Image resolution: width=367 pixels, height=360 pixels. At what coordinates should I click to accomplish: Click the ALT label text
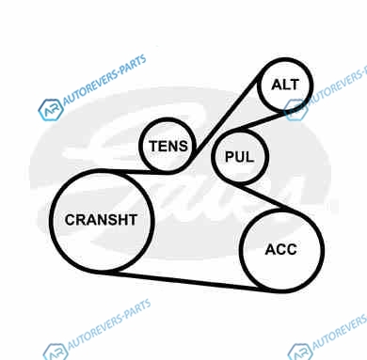pos(285,85)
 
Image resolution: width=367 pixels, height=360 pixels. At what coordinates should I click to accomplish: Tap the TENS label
pos(168,146)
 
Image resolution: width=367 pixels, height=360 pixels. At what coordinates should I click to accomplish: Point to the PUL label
pos(239,157)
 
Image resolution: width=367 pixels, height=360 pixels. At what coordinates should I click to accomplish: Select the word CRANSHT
pos(101,220)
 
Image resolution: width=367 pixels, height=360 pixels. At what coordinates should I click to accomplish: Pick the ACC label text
pos(281,249)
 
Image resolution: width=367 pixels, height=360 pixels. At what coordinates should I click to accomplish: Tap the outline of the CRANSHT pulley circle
pos(50,220)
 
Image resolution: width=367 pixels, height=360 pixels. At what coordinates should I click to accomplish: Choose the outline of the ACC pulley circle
pos(323,250)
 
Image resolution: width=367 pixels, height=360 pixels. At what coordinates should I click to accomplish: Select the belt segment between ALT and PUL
pos(262,121)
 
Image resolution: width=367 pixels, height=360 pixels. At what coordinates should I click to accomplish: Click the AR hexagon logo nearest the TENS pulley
pos(51,110)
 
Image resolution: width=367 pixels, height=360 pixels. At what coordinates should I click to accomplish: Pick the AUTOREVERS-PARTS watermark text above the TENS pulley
pos(104,80)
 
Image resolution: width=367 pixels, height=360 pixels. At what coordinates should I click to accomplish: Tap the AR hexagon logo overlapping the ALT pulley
pos(295,110)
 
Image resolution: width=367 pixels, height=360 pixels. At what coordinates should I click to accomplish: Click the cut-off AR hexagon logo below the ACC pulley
pos(300,352)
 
